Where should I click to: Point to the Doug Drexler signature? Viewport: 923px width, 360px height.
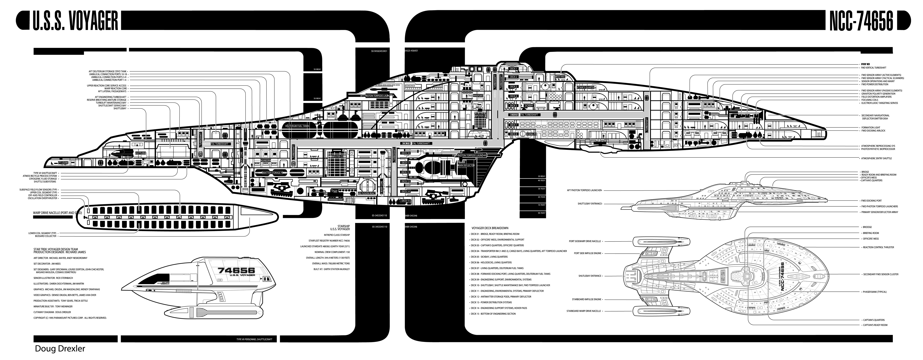click(60, 349)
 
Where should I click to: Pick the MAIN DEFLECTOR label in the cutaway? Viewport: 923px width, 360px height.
click(466, 166)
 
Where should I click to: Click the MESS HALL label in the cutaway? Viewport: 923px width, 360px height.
click(560, 77)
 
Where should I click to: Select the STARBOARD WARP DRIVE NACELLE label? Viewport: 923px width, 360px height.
click(583, 311)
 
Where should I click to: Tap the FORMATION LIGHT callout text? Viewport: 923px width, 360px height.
click(870, 127)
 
